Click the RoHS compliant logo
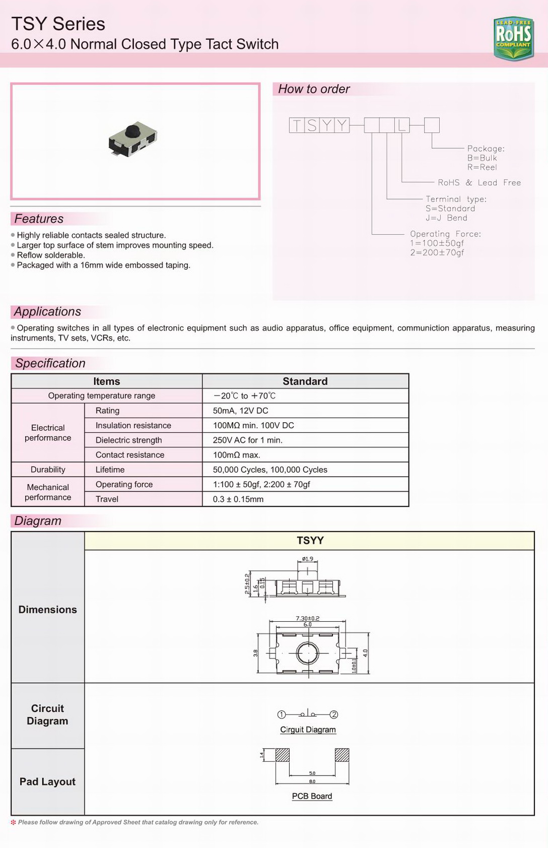click(x=513, y=38)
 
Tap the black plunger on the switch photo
click(x=132, y=130)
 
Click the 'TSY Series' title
click(x=58, y=24)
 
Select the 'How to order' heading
click(x=314, y=89)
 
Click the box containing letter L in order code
click(x=402, y=125)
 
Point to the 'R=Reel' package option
click(x=482, y=167)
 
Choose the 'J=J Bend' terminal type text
click(x=446, y=218)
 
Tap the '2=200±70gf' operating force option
click(x=437, y=252)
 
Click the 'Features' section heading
click(x=39, y=219)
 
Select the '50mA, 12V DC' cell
click(x=240, y=411)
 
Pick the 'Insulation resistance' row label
click(x=133, y=425)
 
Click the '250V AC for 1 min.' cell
click(x=247, y=440)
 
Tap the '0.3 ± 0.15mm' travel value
click(x=238, y=499)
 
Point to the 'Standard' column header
click(x=305, y=381)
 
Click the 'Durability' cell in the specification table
click(x=48, y=470)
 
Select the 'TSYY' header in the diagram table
click(x=310, y=541)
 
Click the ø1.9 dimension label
click(x=307, y=559)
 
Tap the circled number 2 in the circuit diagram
click(x=334, y=714)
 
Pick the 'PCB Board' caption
click(x=312, y=796)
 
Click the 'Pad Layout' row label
click(x=47, y=781)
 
